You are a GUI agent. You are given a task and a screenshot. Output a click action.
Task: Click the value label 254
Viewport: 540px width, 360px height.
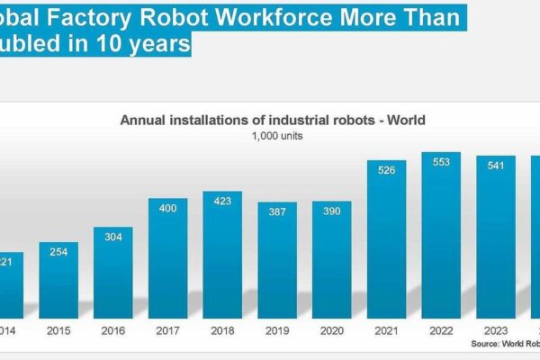[58, 252]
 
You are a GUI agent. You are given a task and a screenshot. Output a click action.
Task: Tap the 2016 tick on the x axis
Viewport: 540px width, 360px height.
[113, 330]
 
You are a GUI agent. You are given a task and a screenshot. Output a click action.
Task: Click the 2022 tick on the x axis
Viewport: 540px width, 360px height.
[442, 330]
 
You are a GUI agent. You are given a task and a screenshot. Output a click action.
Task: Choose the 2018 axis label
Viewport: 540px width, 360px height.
[222, 330]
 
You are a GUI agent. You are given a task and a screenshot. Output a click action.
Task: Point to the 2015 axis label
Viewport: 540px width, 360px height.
[58, 330]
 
